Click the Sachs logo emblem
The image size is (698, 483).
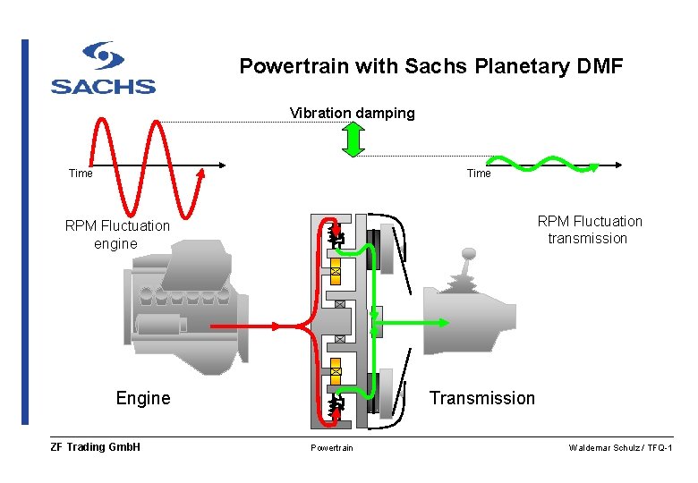click(x=103, y=56)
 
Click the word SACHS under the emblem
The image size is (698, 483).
click(x=103, y=87)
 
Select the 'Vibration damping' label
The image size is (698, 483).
click(x=352, y=113)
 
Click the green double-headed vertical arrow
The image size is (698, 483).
click(x=353, y=140)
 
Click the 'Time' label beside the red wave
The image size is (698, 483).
click(x=81, y=174)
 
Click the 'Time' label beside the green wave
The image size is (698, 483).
click(x=479, y=174)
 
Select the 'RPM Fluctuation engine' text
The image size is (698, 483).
click(x=116, y=234)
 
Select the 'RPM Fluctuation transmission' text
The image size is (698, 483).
click(x=589, y=230)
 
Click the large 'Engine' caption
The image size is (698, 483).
click(x=143, y=398)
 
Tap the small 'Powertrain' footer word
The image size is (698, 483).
click(x=331, y=448)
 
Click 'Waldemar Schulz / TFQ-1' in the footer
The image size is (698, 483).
click(x=620, y=448)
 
